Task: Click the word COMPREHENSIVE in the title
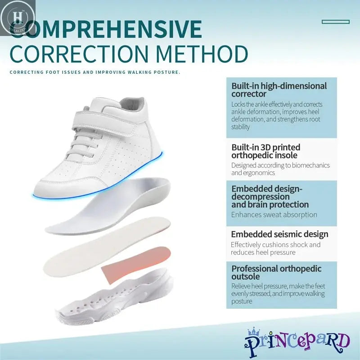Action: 112,29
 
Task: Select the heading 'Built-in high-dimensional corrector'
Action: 279,90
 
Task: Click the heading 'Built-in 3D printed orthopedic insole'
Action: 266,151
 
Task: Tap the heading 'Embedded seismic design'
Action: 279,234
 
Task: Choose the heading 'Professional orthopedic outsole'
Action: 276,272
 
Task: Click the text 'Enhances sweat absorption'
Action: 274,215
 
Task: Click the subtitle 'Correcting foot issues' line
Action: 95,72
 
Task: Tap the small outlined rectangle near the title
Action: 336,21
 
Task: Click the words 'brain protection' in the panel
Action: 270,205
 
